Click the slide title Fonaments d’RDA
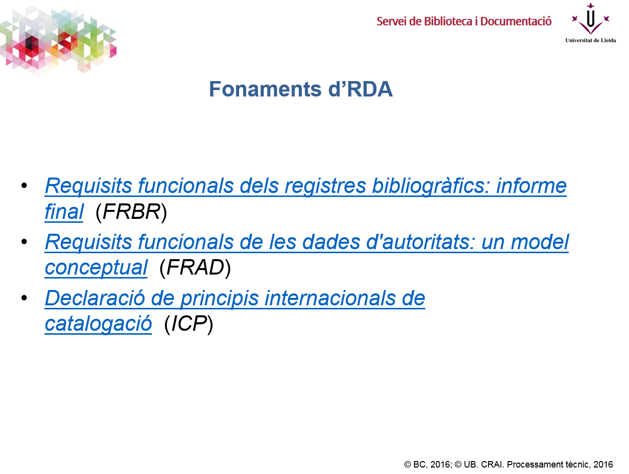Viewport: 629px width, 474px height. point(300,90)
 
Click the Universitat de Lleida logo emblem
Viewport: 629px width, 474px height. point(590,19)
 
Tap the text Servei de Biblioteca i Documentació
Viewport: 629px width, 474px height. point(464,21)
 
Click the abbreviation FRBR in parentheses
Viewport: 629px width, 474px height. point(131,212)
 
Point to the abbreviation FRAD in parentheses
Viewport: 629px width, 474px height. point(195,268)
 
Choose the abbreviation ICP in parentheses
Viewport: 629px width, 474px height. point(189,324)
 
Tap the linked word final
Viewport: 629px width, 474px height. point(64,212)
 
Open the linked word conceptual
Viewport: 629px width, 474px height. point(96,268)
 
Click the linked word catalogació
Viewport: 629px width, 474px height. point(98,324)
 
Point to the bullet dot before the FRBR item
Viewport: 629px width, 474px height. point(24,186)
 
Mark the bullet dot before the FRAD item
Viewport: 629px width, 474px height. point(24,242)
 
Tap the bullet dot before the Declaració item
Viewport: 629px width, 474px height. point(24,298)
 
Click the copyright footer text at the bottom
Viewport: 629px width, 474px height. point(508,465)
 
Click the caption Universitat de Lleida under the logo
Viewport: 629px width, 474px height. point(590,40)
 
